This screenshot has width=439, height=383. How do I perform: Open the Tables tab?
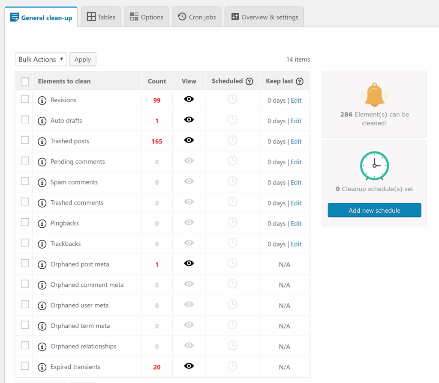[x=101, y=17]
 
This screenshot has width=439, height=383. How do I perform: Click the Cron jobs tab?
[x=197, y=17]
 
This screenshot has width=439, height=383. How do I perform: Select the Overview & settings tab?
[x=264, y=17]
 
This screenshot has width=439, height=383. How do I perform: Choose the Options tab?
[x=147, y=17]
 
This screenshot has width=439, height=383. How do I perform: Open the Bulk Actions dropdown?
[x=41, y=59]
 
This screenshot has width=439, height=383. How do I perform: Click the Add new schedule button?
[x=374, y=211]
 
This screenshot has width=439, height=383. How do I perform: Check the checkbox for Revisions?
[x=25, y=99]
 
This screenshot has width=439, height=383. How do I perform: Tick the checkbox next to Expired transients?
[x=25, y=366]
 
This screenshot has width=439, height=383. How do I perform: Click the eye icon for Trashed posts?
[x=189, y=140]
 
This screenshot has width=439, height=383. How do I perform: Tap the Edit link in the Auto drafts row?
[x=296, y=121]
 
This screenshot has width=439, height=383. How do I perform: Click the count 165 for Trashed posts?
[x=157, y=141]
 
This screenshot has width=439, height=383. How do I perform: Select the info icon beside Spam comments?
[x=42, y=183]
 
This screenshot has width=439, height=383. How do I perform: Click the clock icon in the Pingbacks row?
[x=232, y=223]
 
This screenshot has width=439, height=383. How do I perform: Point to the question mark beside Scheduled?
[x=249, y=81]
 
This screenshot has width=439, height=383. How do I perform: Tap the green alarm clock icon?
[x=374, y=166]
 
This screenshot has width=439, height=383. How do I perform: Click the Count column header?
[x=157, y=81]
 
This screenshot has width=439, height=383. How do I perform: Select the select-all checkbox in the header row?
[x=25, y=81]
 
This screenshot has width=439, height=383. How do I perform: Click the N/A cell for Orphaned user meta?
[x=284, y=306]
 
